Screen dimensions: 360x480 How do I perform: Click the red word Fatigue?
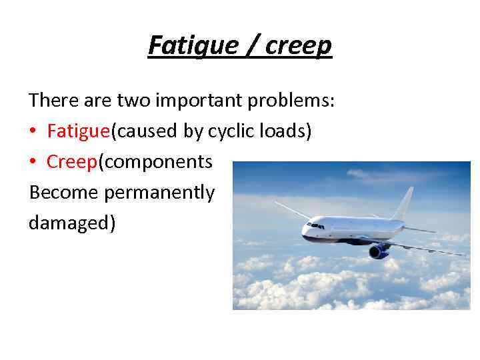pyautogui.click(x=79, y=131)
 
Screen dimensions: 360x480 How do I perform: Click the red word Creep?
pyautogui.click(x=73, y=162)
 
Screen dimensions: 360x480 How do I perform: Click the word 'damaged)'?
pyautogui.click(x=72, y=223)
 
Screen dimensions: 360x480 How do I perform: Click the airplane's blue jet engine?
pyautogui.click(x=379, y=250)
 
